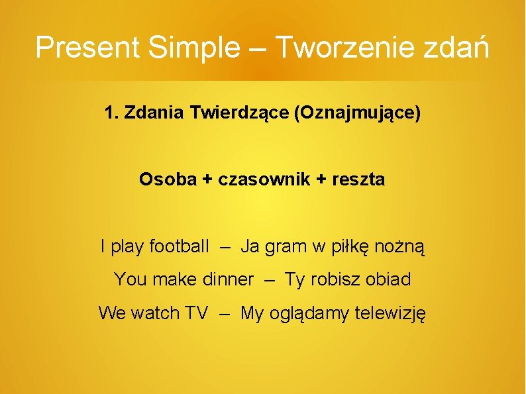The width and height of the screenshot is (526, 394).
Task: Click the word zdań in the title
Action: point(458,48)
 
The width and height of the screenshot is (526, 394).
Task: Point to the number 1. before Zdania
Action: point(111,113)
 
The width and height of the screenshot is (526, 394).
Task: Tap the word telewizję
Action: point(391,313)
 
